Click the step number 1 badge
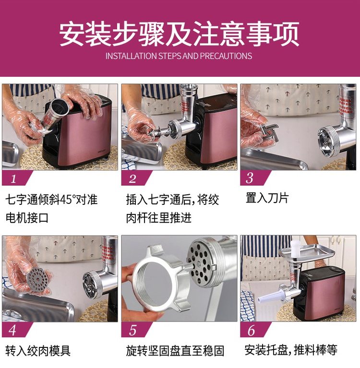click(15, 178)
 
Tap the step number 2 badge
click(135, 178)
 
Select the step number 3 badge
click(253, 178)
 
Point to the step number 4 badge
click(15, 330)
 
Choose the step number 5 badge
click(135, 330)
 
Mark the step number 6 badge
click(253, 330)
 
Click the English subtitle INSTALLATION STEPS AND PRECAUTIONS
click(179, 56)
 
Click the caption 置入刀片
click(267, 198)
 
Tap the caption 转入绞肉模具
click(38, 351)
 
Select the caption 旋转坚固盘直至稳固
click(175, 351)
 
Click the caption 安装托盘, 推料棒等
click(291, 350)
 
